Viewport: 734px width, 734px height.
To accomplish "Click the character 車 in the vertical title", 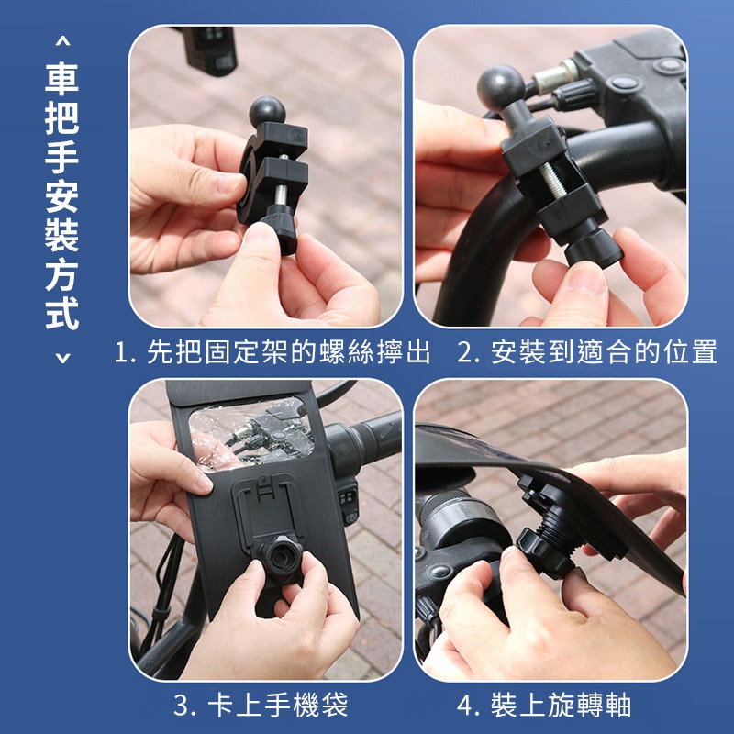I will point(61,77).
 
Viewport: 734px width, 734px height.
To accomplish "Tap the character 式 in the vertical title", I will point(61,311).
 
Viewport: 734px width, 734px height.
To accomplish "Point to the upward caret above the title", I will point(61,41).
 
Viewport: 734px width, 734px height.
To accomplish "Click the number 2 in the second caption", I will point(465,353).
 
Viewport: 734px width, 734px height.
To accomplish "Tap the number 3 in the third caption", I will point(182,705).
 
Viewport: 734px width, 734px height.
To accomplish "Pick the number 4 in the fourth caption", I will point(465,705).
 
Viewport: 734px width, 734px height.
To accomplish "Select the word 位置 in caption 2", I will point(693,353).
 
